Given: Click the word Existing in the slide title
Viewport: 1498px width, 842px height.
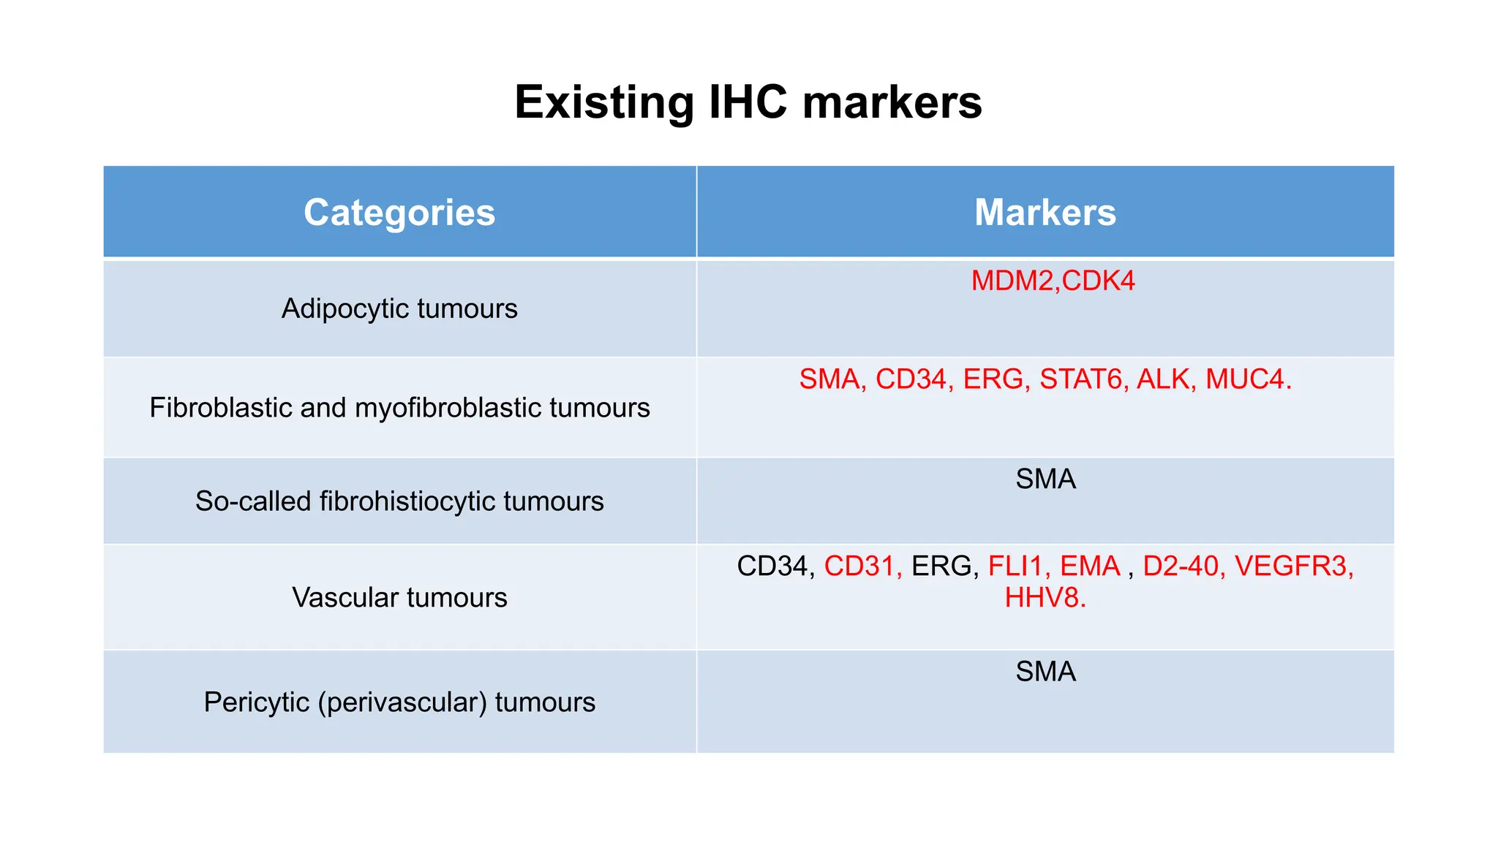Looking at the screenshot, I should [x=603, y=102].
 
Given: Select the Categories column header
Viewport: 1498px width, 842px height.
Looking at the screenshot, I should [x=399, y=213].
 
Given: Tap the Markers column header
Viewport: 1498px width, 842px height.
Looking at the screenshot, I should [x=1045, y=213].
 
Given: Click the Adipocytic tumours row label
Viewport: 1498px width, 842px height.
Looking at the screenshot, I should [x=399, y=308].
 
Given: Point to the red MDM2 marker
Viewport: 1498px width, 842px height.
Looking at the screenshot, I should [x=1013, y=281].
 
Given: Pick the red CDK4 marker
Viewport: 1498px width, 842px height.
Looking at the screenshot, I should [x=1099, y=281].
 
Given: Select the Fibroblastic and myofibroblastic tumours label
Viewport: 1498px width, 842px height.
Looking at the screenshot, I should [x=399, y=408].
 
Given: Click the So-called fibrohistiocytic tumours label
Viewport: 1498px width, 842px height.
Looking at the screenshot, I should [x=399, y=501].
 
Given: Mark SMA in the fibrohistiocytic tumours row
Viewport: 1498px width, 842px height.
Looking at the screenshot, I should [x=1045, y=479].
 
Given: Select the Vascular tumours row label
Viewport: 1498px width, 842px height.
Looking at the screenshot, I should [x=399, y=598].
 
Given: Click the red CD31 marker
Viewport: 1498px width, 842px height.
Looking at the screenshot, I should [x=859, y=566].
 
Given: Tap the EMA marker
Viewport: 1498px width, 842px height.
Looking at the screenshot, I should [x=1090, y=566].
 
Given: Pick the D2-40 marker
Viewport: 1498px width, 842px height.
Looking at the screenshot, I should [x=1181, y=566].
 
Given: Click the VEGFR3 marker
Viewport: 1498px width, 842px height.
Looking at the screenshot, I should [x=1290, y=566].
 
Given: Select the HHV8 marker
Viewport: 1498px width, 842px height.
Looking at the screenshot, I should [x=1042, y=598].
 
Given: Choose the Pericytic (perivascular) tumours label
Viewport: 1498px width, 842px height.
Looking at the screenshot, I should [x=399, y=702].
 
